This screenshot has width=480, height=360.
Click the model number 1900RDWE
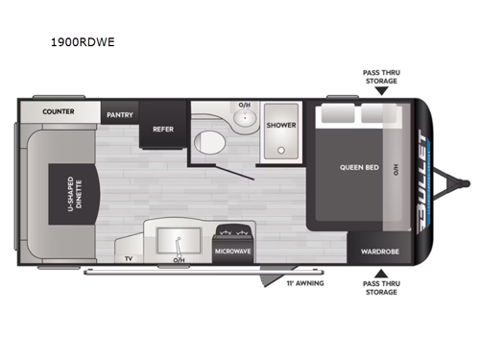[x=83, y=42]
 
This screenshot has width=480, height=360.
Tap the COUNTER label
[x=59, y=111]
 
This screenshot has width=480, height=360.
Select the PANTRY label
[x=120, y=115]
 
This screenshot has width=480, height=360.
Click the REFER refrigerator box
[x=163, y=125]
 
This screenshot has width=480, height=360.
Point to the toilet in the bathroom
[x=209, y=142]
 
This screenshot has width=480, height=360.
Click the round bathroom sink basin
[x=245, y=117]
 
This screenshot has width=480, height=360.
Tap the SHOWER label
[x=281, y=125]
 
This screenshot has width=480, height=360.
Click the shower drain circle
[x=281, y=150]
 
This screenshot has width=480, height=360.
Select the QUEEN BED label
[x=359, y=167]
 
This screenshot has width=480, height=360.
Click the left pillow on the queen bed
[x=338, y=113]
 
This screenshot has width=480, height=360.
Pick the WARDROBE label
[x=380, y=252]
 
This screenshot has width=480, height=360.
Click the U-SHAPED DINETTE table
[x=74, y=194]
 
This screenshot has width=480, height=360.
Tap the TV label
[x=129, y=258]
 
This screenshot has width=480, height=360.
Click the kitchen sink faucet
[x=178, y=246]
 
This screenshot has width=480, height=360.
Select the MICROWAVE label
[x=232, y=252]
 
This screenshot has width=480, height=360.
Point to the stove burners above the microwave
[x=233, y=231]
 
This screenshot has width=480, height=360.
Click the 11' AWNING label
[x=305, y=283]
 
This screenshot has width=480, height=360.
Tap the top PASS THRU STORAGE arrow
[x=381, y=91]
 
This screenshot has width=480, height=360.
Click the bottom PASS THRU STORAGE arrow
[x=381, y=274]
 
